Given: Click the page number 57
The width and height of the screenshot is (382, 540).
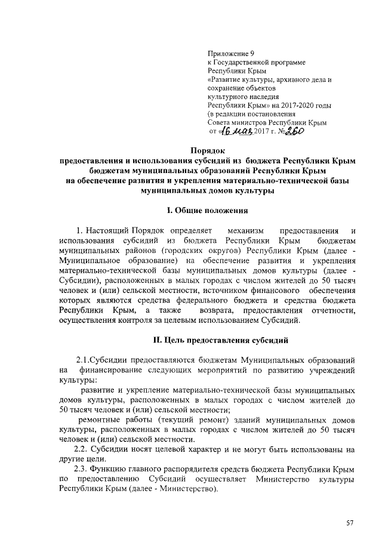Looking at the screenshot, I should click(350, 523).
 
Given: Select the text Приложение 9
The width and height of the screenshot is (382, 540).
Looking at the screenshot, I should click(229, 54).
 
